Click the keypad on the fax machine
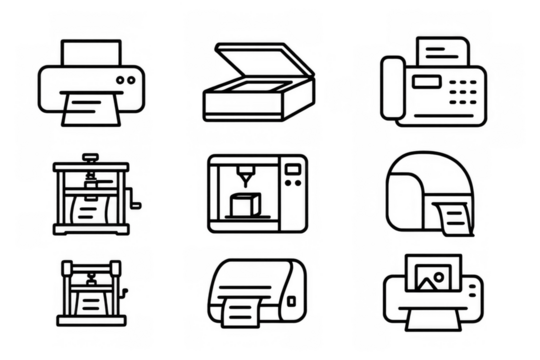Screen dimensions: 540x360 click(x=461, y=91)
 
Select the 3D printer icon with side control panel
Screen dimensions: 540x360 click(x=256, y=194)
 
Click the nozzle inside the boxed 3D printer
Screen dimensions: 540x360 click(x=241, y=186)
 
